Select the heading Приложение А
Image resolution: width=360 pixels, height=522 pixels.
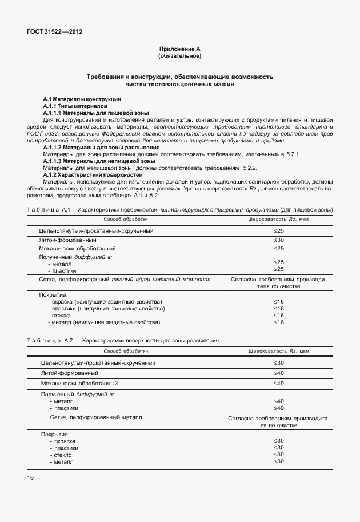click(x=179, y=50)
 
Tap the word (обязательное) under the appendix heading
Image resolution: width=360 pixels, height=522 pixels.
click(x=179, y=57)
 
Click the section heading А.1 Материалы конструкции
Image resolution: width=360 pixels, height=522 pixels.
click(x=82, y=99)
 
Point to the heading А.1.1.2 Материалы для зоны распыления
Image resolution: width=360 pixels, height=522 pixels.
click(x=101, y=148)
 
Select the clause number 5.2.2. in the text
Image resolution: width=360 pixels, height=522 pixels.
click(x=250, y=168)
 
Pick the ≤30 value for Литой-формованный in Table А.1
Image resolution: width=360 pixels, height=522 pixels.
click(x=278, y=240)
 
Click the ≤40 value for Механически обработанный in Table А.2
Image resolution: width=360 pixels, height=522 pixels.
click(x=278, y=382)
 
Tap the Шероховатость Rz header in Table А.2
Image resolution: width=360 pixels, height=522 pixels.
click(x=278, y=350)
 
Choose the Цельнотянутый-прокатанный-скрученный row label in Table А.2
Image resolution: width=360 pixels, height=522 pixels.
click(x=98, y=362)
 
